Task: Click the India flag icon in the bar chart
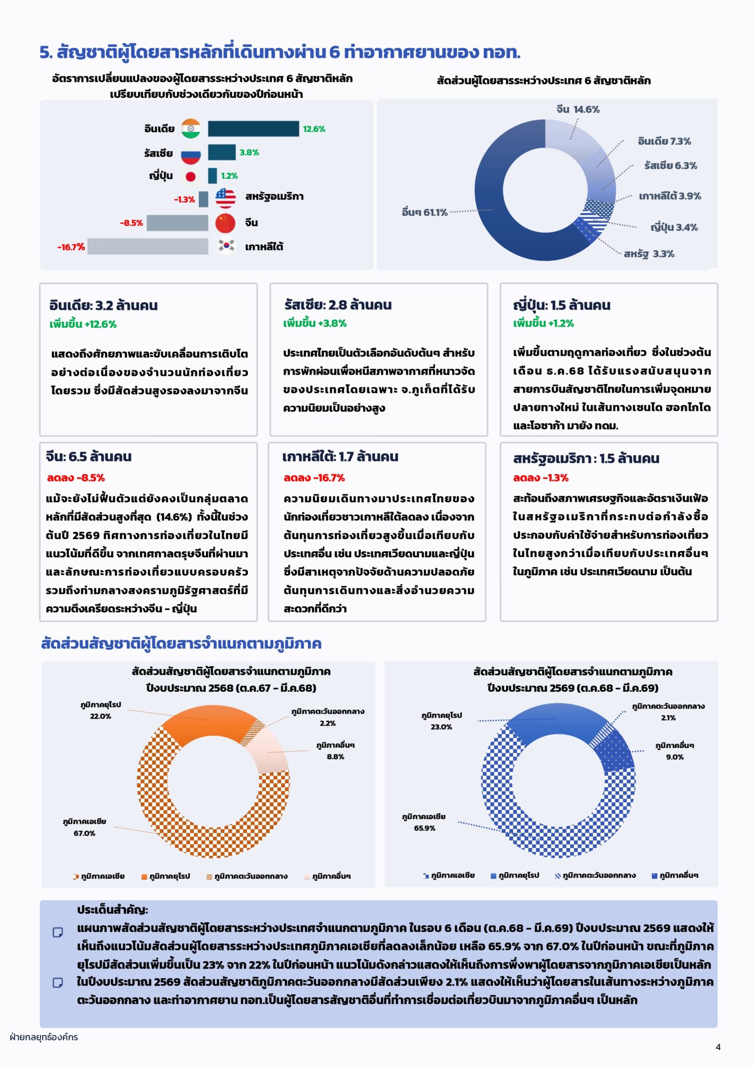[191, 129]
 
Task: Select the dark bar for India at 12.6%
[254, 129]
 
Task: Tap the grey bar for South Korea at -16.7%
[148, 246]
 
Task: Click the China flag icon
[225, 223]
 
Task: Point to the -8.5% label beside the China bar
[131, 223]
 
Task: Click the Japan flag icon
[191, 176]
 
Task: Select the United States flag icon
[225, 198]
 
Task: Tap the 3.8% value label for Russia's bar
[249, 153]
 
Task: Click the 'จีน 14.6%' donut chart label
[578, 109]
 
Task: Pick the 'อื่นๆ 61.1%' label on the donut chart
[425, 212]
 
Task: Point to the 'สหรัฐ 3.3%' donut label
[649, 254]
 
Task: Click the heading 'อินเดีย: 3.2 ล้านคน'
[104, 305]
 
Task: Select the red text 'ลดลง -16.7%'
[314, 478]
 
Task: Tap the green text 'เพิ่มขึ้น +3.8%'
[315, 323]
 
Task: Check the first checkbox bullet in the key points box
[58, 932]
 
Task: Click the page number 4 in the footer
[718, 1047]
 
